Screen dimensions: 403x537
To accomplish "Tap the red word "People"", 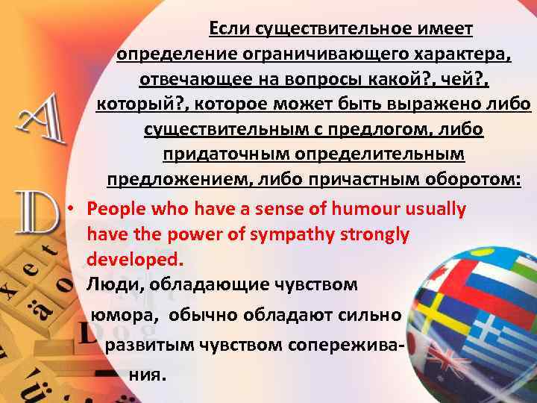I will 115,209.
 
